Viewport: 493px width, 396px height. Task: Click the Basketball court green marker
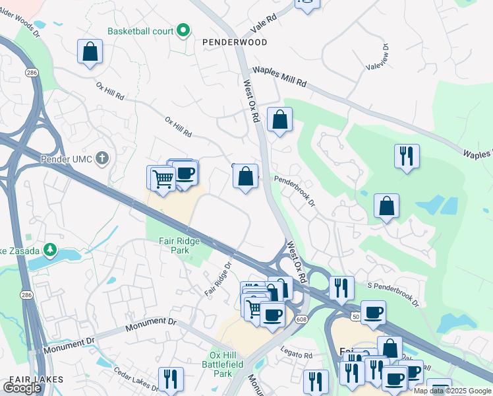[x=185, y=30]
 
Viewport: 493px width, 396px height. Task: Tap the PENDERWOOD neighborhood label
[x=235, y=42]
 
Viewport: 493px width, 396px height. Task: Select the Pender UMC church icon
[x=101, y=158]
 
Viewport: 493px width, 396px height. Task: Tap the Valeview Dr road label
[x=386, y=56]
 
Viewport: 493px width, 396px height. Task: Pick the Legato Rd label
[x=296, y=355]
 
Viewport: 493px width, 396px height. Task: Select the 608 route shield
[x=301, y=319]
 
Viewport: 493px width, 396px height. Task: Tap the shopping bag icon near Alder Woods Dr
[x=90, y=51]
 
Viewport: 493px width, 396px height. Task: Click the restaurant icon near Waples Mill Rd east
[x=406, y=156]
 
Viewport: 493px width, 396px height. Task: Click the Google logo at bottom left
[x=22, y=388]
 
